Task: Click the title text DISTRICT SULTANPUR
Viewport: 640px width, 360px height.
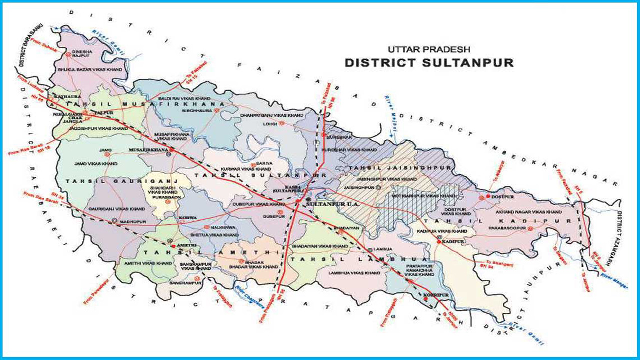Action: pyautogui.click(x=429, y=63)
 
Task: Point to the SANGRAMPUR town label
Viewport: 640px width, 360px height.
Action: pyautogui.click(x=185, y=283)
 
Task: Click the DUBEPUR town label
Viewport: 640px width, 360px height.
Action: pyautogui.click(x=274, y=217)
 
